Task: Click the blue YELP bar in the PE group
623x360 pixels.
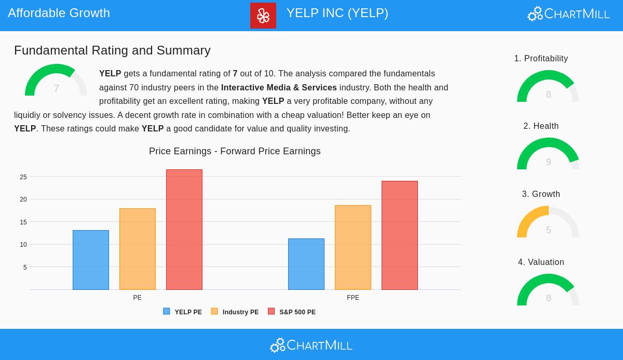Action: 91,260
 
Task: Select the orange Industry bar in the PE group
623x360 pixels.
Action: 138,249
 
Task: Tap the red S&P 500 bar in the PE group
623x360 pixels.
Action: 184,230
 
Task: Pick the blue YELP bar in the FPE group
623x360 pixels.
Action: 306,264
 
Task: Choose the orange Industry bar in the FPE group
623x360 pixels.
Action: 353,247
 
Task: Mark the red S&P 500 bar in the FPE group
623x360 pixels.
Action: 400,235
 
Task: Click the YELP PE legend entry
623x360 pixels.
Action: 183,312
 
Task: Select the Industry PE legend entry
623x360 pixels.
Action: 235,312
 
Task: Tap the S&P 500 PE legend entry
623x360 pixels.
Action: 292,312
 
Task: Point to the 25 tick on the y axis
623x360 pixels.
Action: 23,177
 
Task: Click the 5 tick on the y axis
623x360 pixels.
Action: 25,268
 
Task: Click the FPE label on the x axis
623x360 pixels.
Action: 353,298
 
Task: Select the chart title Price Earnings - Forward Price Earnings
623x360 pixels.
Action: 235,151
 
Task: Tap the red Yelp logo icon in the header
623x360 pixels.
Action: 263,16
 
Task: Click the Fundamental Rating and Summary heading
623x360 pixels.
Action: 112,50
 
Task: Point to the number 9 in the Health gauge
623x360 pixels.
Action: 548,162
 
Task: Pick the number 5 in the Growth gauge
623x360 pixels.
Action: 548,230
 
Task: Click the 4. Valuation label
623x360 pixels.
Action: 541,262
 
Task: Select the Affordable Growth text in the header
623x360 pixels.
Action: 59,13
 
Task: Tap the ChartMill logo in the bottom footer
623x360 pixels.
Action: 311,345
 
